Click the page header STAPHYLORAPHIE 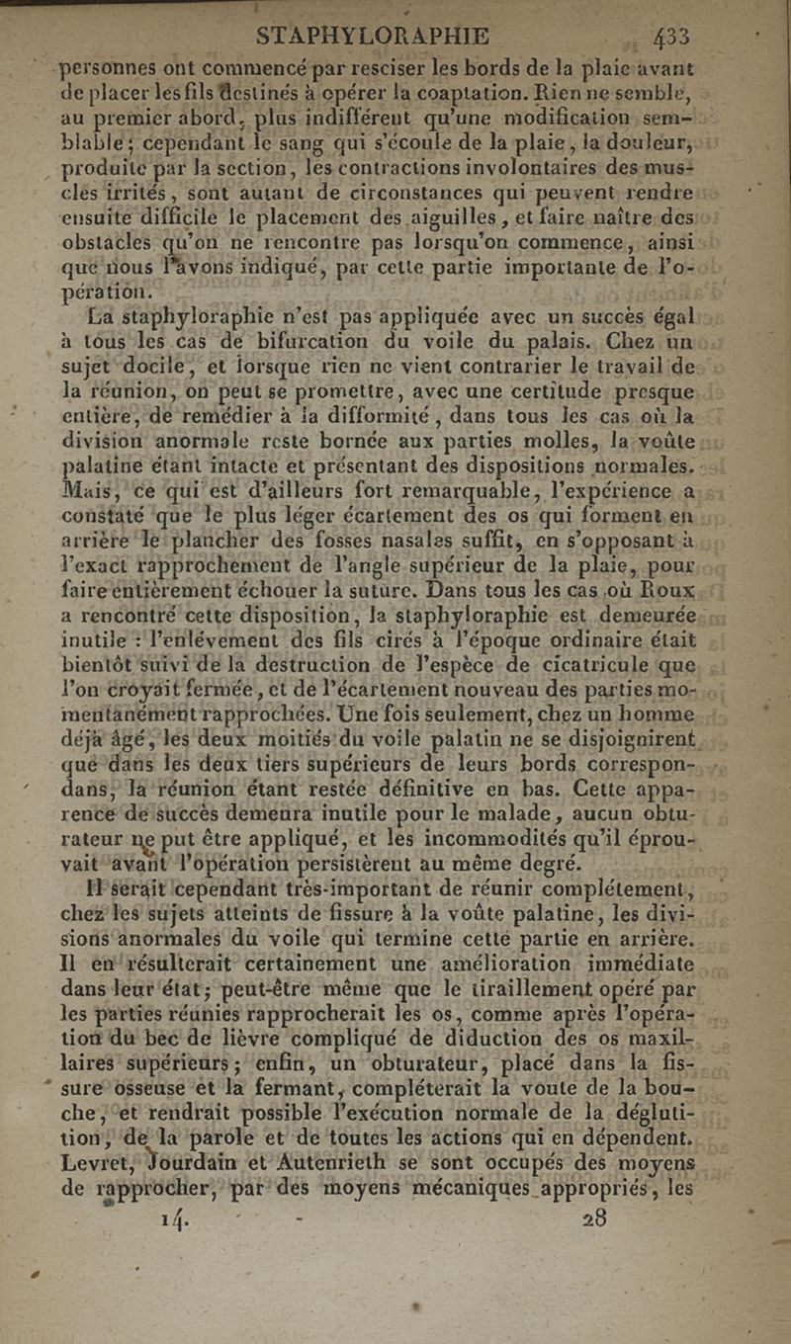point(373,38)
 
